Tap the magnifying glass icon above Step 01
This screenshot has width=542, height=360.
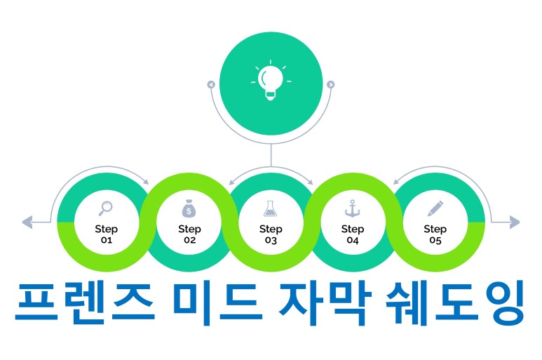[x=106, y=208]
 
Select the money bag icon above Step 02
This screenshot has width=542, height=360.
[x=189, y=208]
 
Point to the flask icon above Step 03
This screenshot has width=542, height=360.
[x=271, y=208]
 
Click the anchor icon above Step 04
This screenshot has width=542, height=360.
[x=353, y=208]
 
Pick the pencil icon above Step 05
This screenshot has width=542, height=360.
[x=435, y=208]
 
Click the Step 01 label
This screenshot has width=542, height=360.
[x=107, y=234]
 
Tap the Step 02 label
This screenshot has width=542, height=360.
[x=189, y=234]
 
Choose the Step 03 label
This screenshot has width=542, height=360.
[x=271, y=234]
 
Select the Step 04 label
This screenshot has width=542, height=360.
[x=353, y=234]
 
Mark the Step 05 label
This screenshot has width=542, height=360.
[x=435, y=234]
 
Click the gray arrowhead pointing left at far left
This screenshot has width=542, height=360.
[x=27, y=223]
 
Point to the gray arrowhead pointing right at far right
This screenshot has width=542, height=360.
[x=515, y=223]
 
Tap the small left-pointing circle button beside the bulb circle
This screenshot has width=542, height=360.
[x=210, y=85]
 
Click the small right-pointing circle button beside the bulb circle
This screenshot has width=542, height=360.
[x=331, y=85]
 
